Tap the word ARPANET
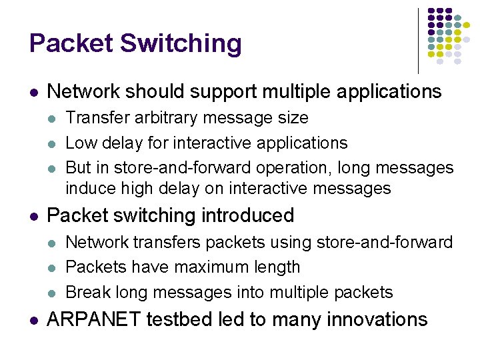coord(94,319)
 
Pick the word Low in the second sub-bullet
coord(79,143)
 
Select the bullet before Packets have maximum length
coord(53,268)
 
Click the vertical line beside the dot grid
coord(418,40)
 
